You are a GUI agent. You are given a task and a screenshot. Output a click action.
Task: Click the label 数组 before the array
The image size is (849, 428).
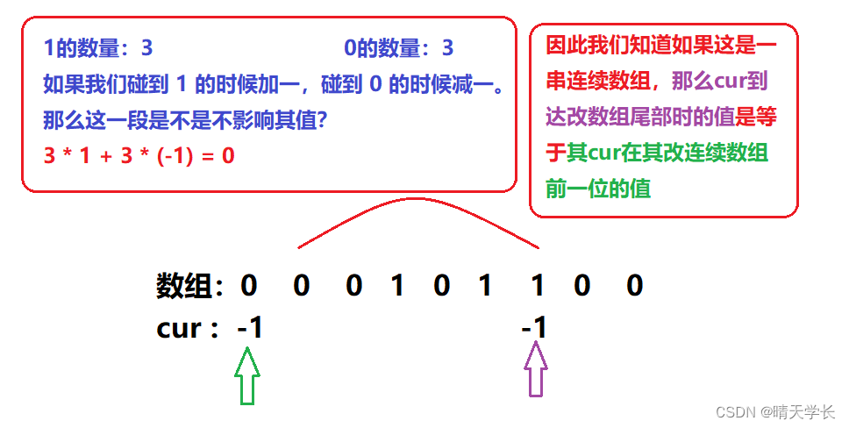tap(185, 286)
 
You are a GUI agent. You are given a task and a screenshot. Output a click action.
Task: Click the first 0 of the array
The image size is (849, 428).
tap(249, 286)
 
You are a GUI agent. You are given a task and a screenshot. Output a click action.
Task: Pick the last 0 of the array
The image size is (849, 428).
tap(635, 286)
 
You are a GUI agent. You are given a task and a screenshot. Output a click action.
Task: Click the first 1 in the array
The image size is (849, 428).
tap(397, 286)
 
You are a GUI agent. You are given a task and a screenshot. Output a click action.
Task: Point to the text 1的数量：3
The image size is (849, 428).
tap(98, 48)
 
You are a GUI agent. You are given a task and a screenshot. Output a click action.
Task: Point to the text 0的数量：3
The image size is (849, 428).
tap(398, 48)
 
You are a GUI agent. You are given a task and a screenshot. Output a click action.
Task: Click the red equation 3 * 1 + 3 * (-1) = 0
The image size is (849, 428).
tap(139, 156)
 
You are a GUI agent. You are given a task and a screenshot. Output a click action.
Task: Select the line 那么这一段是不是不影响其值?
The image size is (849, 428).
tap(185, 119)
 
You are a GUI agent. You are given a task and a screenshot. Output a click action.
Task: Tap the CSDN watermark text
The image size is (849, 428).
tap(774, 411)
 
